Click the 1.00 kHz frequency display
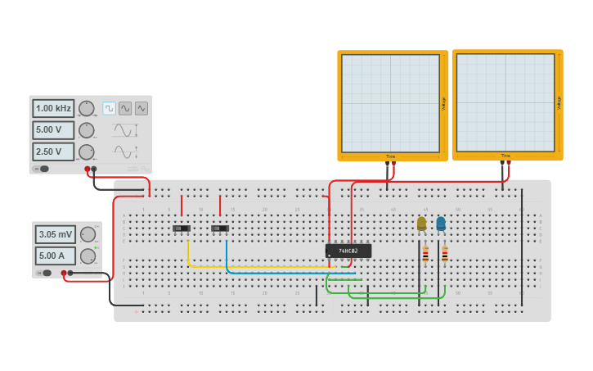pos(53,108)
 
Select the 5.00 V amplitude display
pos(53,130)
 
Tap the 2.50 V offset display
pos(53,152)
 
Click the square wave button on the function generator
pos(109,108)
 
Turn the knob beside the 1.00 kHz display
pos(86,108)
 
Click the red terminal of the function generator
pos(88,169)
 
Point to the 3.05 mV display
pos(56,234)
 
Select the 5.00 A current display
pos(56,256)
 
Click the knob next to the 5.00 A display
pos(88,256)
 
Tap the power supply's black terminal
pos(70,273)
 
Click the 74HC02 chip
pos(348,251)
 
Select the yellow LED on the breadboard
pos(421,223)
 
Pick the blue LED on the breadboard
pos(441,223)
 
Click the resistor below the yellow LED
pos(425,254)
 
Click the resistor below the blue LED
pos(445,254)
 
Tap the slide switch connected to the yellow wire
pos(182,228)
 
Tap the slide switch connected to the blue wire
pos(220,228)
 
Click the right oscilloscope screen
pos(505,102)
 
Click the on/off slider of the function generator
pos(42,169)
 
